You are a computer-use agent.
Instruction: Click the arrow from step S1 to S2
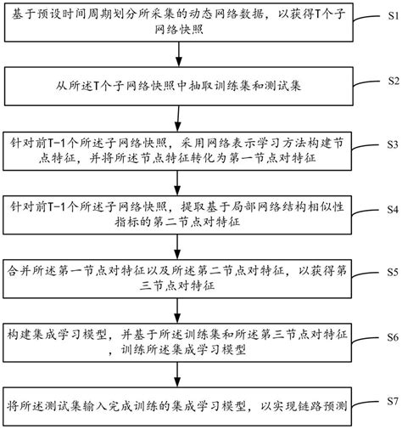point(178,57)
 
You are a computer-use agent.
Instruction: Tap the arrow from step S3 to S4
point(178,182)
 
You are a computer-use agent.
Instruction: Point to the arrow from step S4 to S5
point(178,246)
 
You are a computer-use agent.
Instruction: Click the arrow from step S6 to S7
point(178,375)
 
